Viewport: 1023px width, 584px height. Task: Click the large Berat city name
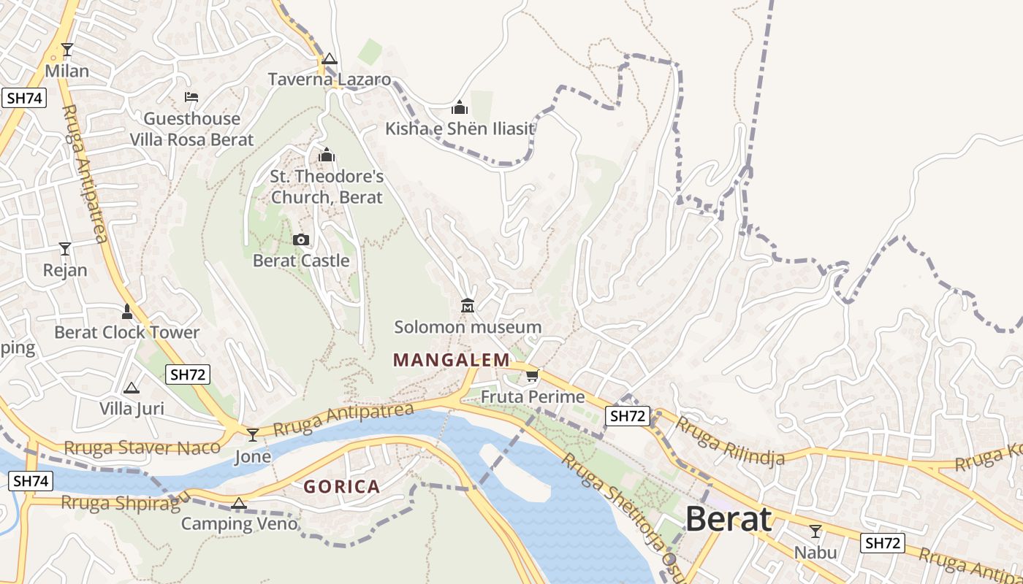(x=729, y=520)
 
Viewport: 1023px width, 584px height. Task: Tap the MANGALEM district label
(x=451, y=360)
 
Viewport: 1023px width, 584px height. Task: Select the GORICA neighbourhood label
(x=341, y=487)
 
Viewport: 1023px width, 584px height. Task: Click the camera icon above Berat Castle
(x=300, y=239)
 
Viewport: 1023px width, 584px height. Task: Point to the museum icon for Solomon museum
(x=468, y=305)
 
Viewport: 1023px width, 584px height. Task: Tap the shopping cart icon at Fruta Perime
(x=532, y=376)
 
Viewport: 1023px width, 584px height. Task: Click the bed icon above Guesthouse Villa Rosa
(x=191, y=97)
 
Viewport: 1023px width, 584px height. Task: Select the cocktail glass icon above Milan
(x=67, y=50)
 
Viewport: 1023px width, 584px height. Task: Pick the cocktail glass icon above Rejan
(x=65, y=249)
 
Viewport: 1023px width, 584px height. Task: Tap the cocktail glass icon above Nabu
(x=815, y=531)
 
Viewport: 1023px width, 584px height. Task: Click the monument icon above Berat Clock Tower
(x=127, y=312)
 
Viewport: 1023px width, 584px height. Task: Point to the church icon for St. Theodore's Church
(x=327, y=155)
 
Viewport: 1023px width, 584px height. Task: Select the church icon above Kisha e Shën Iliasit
(x=460, y=108)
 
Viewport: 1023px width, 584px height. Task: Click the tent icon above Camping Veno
(x=238, y=503)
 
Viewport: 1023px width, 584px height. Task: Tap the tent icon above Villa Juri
(x=132, y=388)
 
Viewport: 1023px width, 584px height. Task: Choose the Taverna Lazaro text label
(x=330, y=80)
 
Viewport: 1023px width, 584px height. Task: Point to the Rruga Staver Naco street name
(x=142, y=447)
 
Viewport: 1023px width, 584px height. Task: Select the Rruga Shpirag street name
(x=121, y=503)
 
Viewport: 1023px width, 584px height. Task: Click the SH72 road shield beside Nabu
(x=882, y=542)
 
